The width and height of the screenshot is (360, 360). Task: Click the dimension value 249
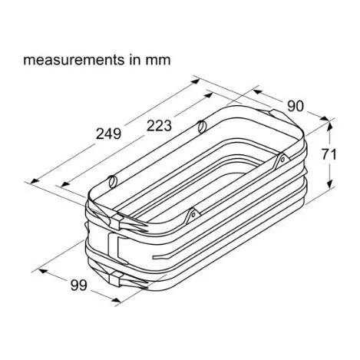108,134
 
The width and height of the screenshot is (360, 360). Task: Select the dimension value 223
159,126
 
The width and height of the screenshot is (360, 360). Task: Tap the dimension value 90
296,106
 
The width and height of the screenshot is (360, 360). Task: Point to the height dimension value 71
329,155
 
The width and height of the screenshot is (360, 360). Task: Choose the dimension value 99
79,286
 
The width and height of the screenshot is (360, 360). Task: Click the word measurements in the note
73,60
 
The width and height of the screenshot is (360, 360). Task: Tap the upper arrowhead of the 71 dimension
330,126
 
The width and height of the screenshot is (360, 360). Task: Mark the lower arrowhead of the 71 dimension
331,183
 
